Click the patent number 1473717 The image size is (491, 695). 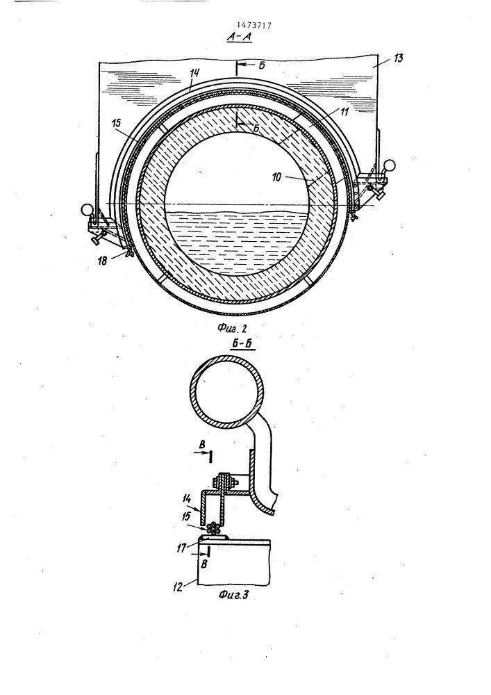click(255, 25)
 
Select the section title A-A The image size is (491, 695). click(238, 39)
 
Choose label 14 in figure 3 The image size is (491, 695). click(188, 498)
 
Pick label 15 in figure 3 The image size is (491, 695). click(187, 517)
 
